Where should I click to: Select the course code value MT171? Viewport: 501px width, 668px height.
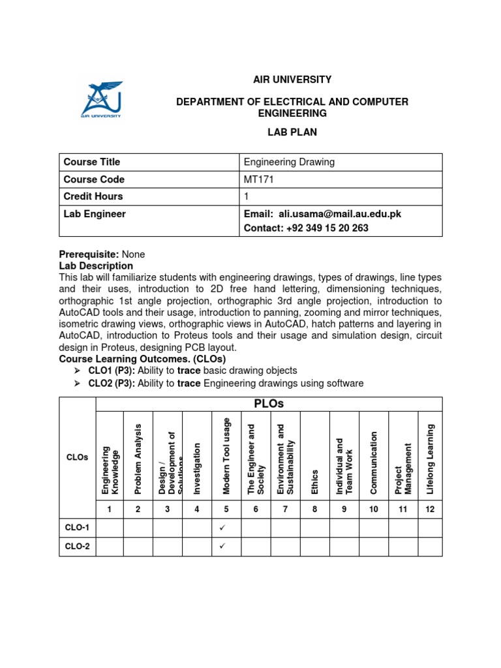[x=259, y=179]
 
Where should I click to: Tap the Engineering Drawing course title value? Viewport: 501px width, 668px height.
[x=289, y=162]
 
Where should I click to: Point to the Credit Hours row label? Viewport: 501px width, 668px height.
[x=93, y=196]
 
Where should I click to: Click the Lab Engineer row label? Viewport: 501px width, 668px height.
[x=95, y=214]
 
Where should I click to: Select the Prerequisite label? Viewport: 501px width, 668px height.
[x=89, y=254]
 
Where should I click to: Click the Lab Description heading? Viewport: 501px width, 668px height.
[x=96, y=266]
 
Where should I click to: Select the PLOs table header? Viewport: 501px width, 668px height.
[x=269, y=404]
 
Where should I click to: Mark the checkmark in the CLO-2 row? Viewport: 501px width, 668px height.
[x=222, y=546]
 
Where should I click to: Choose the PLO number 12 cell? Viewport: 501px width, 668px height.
[x=430, y=509]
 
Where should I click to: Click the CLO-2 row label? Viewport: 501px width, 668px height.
[x=78, y=547]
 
